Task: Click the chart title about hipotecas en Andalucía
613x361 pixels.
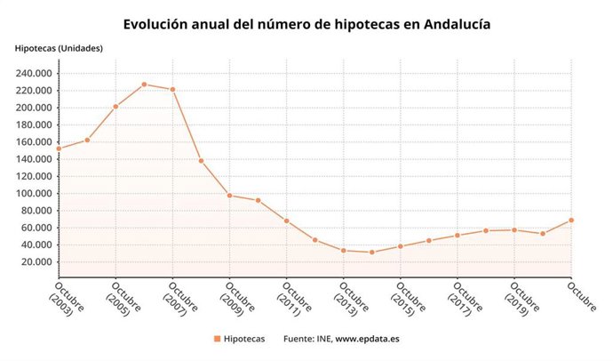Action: click(x=306, y=24)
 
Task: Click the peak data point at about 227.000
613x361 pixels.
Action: click(x=144, y=84)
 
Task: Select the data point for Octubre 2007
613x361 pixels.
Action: click(x=172, y=89)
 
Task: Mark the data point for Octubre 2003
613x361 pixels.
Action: click(x=59, y=148)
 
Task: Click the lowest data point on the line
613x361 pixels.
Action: click(x=371, y=252)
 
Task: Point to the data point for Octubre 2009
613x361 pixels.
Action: click(x=229, y=195)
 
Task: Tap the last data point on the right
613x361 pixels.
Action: click(x=571, y=220)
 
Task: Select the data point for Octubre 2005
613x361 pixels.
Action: click(x=115, y=106)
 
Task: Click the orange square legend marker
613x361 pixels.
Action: click(x=217, y=339)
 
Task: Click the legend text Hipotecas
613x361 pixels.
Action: click(x=243, y=339)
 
